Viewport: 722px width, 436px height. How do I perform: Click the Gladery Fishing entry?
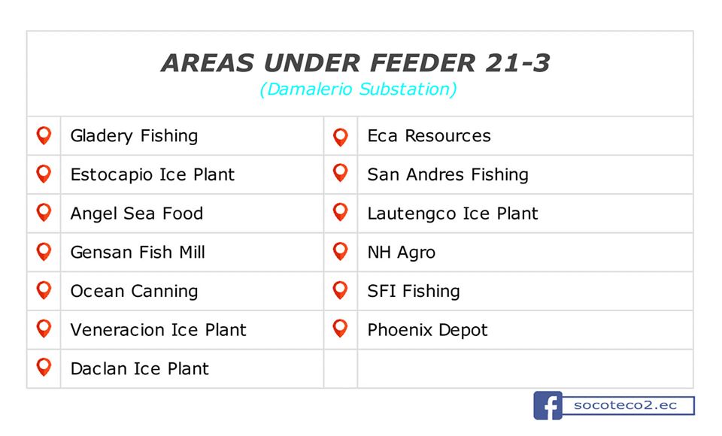(134, 136)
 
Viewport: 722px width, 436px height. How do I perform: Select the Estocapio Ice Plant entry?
(153, 175)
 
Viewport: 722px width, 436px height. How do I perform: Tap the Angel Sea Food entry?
(137, 213)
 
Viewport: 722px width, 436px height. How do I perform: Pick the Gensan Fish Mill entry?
(138, 253)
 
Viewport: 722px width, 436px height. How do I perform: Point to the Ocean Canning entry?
(134, 292)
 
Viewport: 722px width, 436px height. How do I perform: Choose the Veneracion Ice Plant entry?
(159, 330)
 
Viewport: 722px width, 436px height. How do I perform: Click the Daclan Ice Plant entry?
(140, 369)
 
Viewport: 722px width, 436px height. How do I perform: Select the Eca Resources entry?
(429, 136)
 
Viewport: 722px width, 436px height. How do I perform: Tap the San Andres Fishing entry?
(448, 175)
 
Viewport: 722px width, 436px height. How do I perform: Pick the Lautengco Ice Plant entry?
(453, 213)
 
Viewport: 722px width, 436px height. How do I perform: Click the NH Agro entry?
(402, 253)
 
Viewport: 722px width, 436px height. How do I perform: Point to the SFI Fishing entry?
(414, 292)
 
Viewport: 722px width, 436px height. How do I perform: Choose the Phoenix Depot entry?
(427, 330)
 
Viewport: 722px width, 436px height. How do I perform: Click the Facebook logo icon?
(548, 406)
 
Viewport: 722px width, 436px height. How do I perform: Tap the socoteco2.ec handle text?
(625, 405)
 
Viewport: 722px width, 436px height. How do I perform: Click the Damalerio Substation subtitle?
(358, 89)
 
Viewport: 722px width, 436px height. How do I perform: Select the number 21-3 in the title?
(517, 63)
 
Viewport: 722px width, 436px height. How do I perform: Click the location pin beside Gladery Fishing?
(44, 136)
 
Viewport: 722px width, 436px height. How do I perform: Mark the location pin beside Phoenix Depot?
(340, 329)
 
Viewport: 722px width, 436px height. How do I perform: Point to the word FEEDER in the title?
(422, 63)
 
